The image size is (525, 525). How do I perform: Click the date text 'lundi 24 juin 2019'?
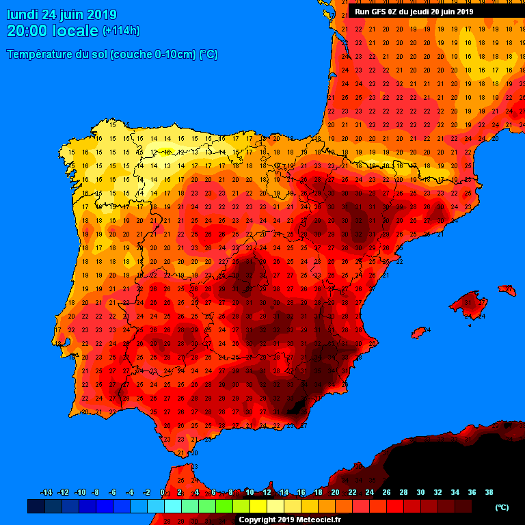62,14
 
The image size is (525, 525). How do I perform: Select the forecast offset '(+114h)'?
121,31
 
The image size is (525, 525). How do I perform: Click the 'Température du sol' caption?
112,55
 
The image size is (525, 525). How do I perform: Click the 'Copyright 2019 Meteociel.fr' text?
289,520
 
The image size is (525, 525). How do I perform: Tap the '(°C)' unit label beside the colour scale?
502,507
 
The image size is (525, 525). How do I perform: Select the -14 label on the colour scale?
46,492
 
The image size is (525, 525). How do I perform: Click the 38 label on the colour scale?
489,492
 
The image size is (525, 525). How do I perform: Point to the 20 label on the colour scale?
335,492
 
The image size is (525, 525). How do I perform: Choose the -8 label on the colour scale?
95,492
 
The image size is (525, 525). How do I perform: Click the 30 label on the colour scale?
420,492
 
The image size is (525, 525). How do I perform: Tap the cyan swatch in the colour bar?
172,507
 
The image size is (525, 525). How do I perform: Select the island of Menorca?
507,290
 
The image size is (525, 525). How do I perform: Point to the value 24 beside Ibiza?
427,329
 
